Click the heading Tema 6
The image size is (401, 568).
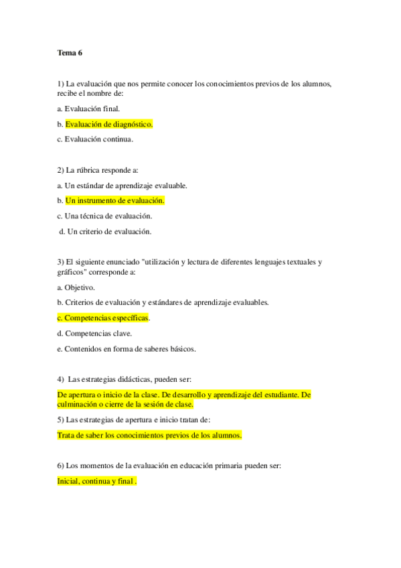(69, 52)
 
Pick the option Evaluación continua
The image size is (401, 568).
(99, 139)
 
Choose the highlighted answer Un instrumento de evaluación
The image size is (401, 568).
(114, 200)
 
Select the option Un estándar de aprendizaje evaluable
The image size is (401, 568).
(126, 186)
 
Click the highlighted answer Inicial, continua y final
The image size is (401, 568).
(97, 481)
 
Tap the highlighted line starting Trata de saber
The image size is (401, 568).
(150, 435)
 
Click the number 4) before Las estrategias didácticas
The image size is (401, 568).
(61, 379)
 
